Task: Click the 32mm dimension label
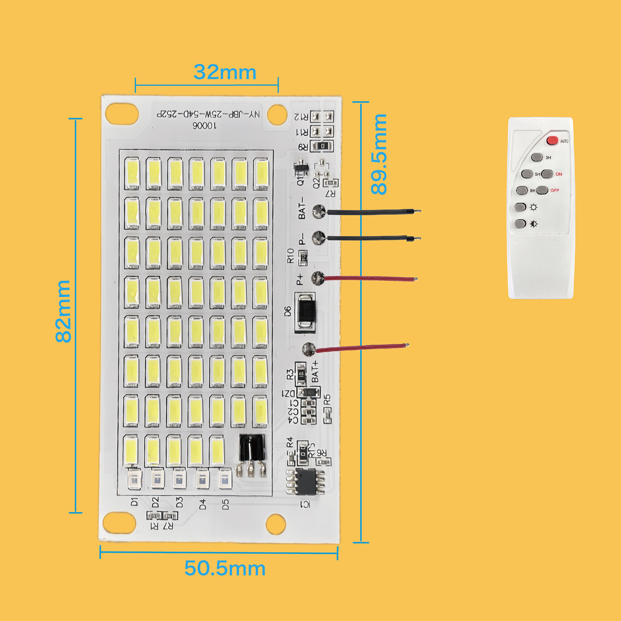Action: tap(225, 72)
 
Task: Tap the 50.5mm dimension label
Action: tap(225, 569)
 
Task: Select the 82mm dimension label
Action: tap(63, 311)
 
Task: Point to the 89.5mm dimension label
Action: tap(379, 154)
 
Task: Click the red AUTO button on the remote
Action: tap(552, 141)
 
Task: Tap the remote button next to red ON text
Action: tap(547, 174)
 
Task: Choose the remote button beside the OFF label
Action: tap(542, 190)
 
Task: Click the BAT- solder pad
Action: tap(319, 211)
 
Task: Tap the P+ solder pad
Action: tap(318, 278)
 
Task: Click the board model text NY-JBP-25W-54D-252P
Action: tap(208, 114)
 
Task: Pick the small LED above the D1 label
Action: tap(134, 479)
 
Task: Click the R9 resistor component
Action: tap(323, 146)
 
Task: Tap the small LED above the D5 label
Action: tap(225, 479)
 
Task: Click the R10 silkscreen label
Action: tap(291, 256)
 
